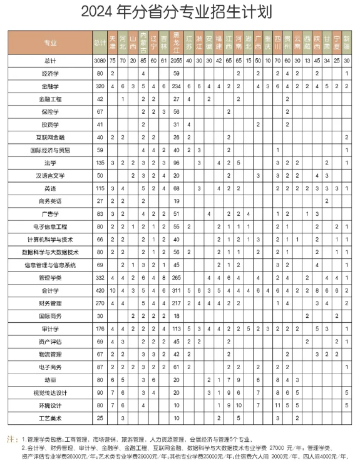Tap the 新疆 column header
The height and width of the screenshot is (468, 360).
347,43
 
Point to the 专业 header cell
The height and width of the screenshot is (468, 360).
50,43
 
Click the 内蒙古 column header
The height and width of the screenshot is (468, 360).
143,43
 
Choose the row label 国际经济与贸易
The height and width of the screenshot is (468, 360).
50,150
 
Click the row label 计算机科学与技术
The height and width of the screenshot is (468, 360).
50,240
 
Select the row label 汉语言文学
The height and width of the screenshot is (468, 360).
50,176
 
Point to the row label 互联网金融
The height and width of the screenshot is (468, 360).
50,137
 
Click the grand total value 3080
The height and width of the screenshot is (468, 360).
96,61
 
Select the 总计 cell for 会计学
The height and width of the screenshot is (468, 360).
96,291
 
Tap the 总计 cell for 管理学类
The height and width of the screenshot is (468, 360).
96,278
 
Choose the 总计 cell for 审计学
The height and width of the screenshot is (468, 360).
96,329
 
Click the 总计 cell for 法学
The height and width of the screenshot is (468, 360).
96,163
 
